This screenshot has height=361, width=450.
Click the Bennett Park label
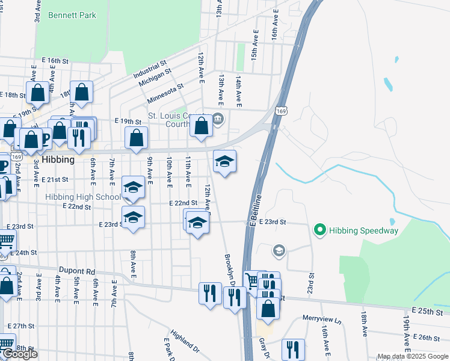73,14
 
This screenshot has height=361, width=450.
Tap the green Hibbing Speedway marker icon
319,230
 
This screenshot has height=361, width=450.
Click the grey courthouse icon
218,118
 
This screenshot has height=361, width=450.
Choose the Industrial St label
150,70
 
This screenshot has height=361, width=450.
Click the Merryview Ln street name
321,320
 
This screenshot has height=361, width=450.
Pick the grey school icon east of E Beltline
279,250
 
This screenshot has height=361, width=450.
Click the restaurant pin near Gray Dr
292,350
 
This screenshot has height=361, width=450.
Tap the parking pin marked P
45,139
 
